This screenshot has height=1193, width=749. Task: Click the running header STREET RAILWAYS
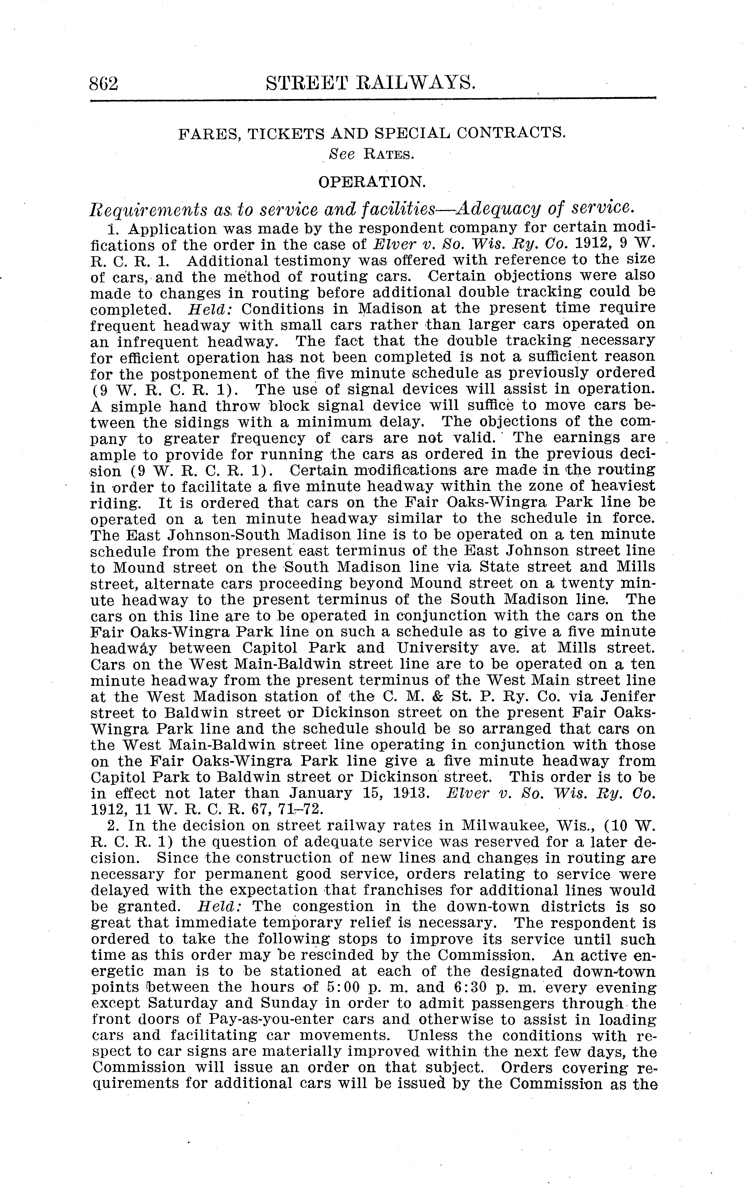[371, 82]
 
